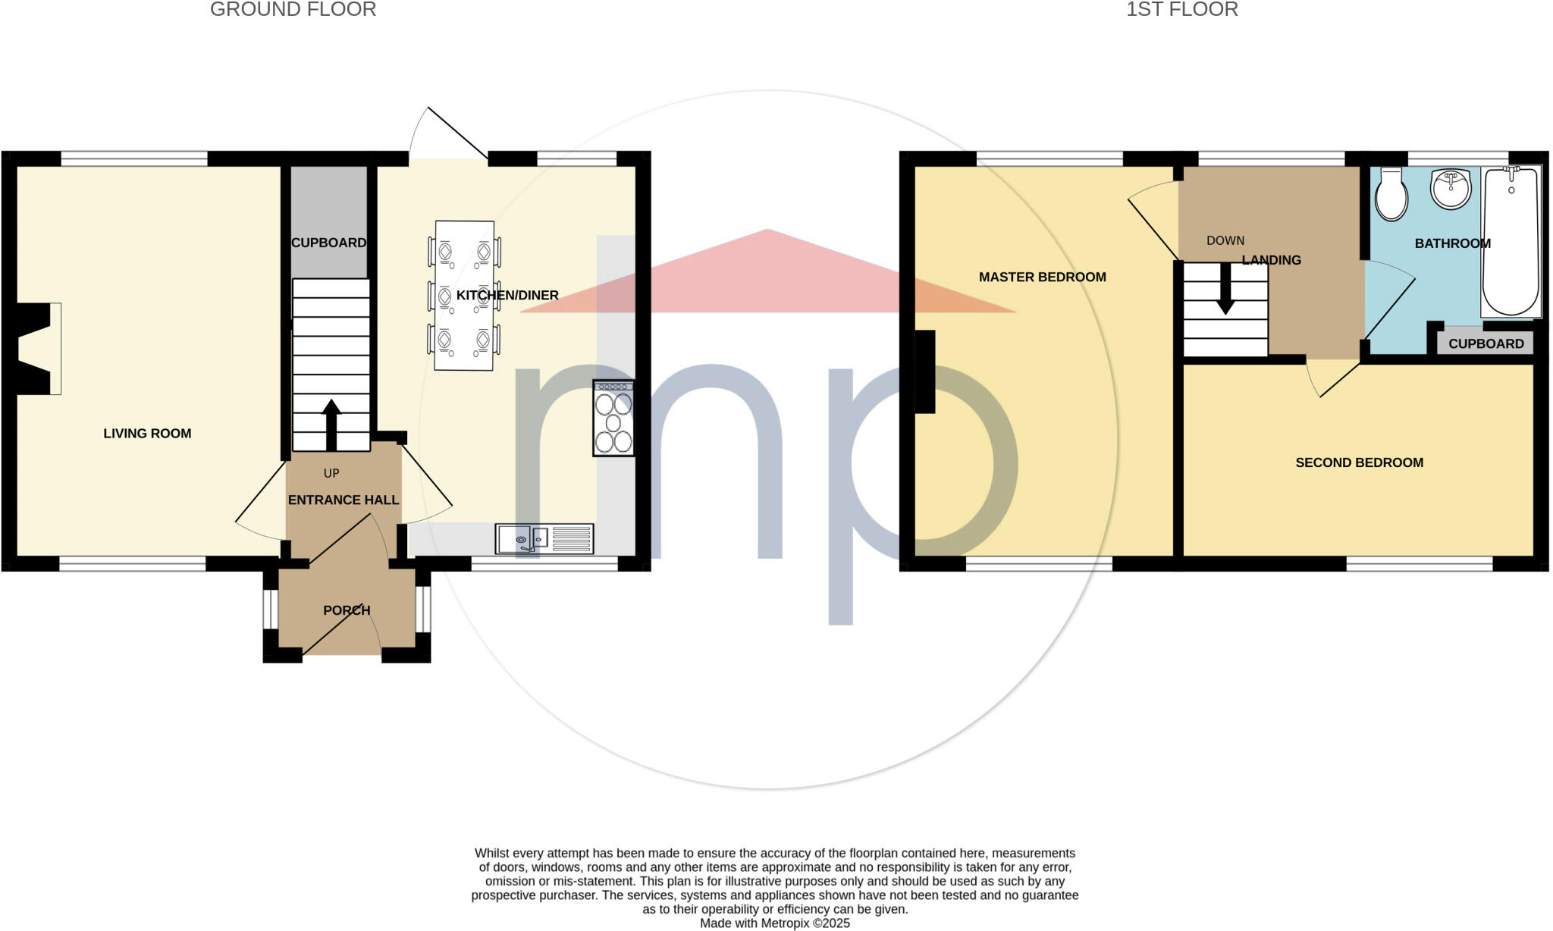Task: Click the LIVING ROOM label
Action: pyautogui.click(x=147, y=434)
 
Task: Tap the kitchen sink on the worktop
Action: pyautogui.click(x=544, y=539)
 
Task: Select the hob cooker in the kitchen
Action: pyautogui.click(x=613, y=418)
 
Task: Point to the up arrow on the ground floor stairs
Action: pyautogui.click(x=331, y=425)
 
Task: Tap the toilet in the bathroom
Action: pyautogui.click(x=1391, y=195)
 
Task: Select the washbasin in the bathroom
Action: pyautogui.click(x=1450, y=188)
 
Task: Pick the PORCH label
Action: pyautogui.click(x=347, y=610)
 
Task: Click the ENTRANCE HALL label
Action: pyautogui.click(x=343, y=500)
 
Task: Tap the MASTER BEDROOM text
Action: pyautogui.click(x=1042, y=277)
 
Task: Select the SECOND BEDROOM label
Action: pyautogui.click(x=1359, y=462)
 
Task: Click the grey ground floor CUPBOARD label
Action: pyautogui.click(x=328, y=243)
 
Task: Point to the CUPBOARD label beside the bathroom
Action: pyautogui.click(x=1486, y=344)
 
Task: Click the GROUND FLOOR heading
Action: pyautogui.click(x=293, y=10)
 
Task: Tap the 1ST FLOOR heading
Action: pyautogui.click(x=1181, y=10)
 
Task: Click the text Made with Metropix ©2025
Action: pyautogui.click(x=774, y=923)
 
